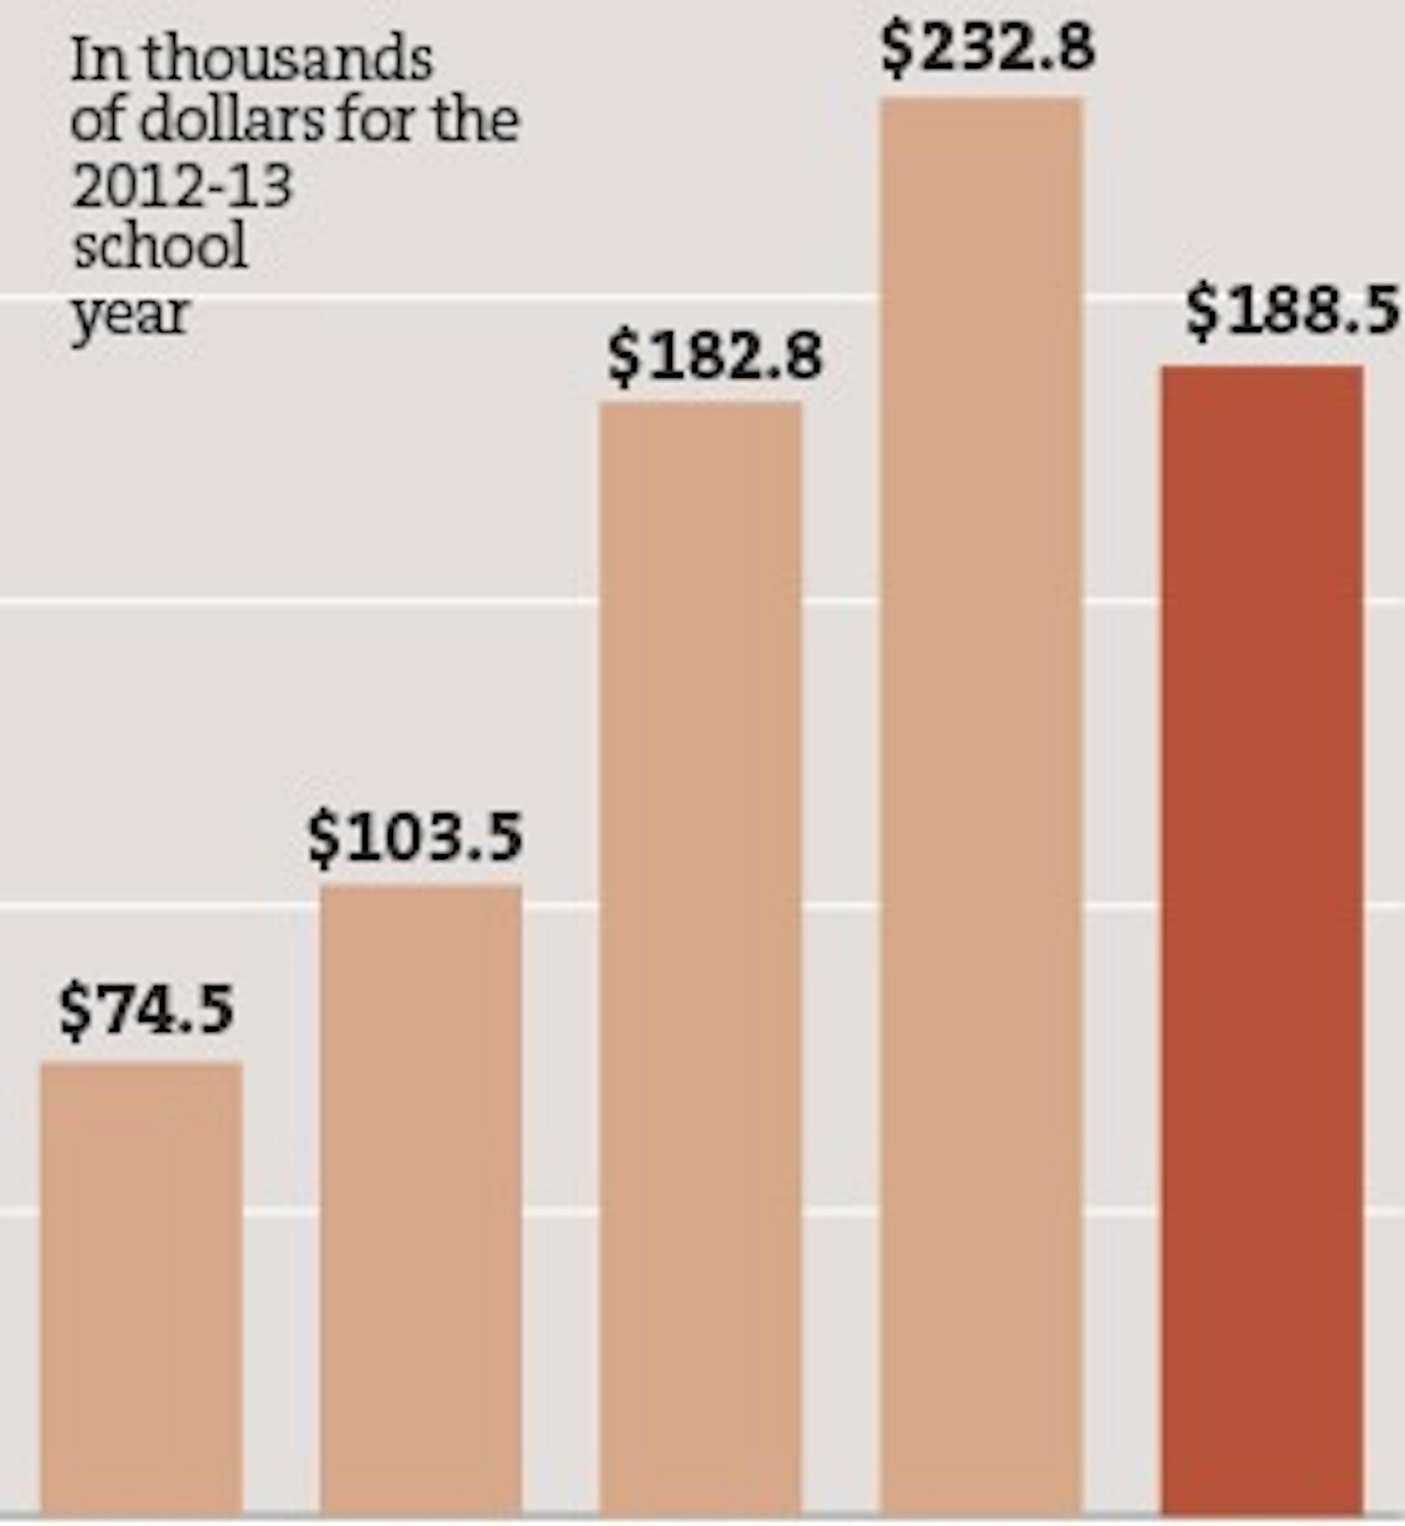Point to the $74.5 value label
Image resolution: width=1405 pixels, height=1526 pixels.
(x=147, y=1009)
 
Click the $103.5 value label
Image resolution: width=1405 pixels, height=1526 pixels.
(x=415, y=837)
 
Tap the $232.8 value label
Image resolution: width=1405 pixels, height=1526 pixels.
(x=987, y=47)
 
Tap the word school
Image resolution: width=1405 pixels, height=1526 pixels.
(x=161, y=246)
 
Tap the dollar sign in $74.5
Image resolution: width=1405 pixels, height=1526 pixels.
(x=75, y=1011)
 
